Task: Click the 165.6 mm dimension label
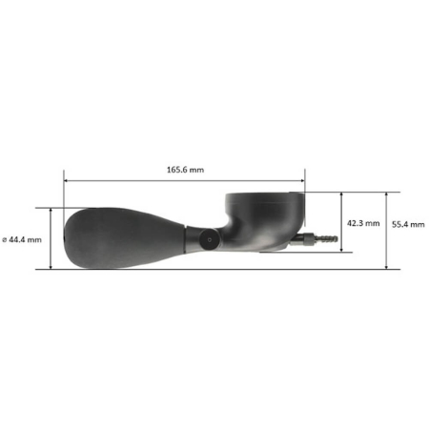click(186, 170)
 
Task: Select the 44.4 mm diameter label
click(22, 239)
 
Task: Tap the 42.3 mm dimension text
click(363, 223)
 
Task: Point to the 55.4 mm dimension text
click(408, 224)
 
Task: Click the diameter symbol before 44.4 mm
click(5, 240)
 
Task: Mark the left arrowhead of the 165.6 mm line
click(66, 180)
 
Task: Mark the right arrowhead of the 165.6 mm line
click(302, 180)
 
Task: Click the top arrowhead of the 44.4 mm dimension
click(51, 211)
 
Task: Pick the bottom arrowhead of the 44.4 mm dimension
click(51, 267)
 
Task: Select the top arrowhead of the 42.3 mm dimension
click(341, 194)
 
